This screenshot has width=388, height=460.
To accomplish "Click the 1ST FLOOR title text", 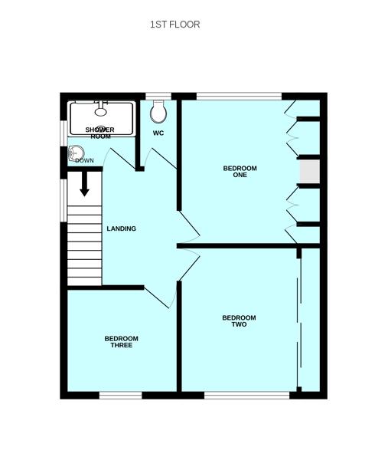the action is pos(174,25).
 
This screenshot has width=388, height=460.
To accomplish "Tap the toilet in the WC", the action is pos(158,112).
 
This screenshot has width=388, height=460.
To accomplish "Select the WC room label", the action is pos(158,133).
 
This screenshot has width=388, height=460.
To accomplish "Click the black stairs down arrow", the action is pos(85,184).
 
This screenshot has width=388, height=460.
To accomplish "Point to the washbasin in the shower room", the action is pos(76,153).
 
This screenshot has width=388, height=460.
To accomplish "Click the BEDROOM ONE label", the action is pos(240,172).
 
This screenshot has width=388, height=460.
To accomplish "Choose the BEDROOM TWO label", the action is pos(239,321).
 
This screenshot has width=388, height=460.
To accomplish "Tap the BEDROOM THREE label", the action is pos(121,342).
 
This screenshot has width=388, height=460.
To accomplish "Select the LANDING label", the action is pos(121,228).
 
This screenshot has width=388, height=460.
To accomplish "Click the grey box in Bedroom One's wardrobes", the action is pos(309,172).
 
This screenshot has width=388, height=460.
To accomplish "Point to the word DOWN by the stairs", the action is pos(85,160).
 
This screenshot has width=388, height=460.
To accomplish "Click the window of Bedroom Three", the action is pos(121,396).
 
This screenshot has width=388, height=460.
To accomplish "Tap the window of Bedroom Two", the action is pos(247,396).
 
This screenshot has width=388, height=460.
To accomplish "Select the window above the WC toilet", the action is pos(158,97).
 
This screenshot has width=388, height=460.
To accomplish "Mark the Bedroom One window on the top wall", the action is pos(239,97).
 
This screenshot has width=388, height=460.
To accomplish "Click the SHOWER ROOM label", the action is pos(99,133).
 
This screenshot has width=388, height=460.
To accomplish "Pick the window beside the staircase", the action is pos(64,200).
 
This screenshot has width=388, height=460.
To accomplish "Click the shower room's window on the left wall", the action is pos(64,133).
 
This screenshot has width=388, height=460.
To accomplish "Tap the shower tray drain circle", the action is pos(100,129).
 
